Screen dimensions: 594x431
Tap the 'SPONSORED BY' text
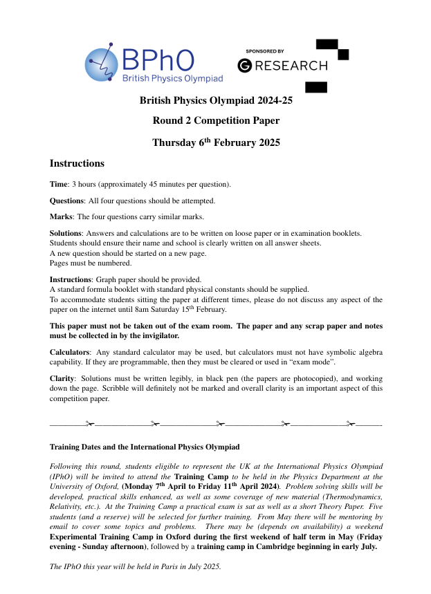(264, 51)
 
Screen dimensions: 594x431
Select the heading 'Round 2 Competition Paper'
(216, 121)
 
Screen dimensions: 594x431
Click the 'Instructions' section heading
(77, 164)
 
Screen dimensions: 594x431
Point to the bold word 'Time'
(59, 185)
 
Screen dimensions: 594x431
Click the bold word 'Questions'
(66, 201)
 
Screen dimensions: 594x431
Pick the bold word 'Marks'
(62, 217)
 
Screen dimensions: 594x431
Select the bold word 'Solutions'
(66, 234)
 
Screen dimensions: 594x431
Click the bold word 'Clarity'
(62, 379)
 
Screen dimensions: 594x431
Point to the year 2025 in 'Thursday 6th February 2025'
(266, 143)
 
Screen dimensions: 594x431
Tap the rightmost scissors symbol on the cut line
(351, 423)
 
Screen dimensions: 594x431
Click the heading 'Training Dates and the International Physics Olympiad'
(145, 447)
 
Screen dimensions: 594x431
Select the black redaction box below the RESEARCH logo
(315, 87)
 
